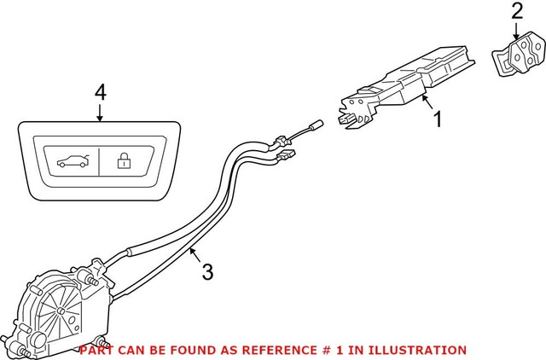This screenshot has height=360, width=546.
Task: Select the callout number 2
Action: pyautogui.click(x=518, y=12)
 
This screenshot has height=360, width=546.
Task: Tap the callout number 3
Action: pyautogui.click(x=206, y=272)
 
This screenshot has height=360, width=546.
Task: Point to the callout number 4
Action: pyautogui.click(x=100, y=93)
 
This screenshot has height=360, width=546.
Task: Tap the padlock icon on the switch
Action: pyautogui.click(x=123, y=160)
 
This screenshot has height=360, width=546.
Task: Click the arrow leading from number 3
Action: pyautogui.click(x=195, y=255)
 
